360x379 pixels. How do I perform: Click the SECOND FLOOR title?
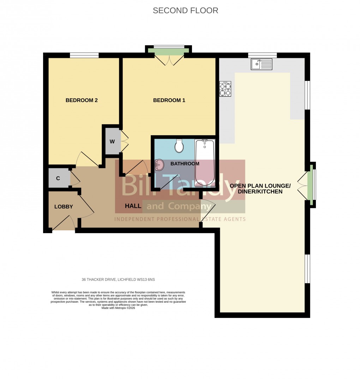point(185,11)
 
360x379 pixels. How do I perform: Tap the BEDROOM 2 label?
point(82,100)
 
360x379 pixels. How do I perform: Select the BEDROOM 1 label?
point(169,100)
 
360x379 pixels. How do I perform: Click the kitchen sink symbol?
point(262,64)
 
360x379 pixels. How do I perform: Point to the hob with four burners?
point(225,89)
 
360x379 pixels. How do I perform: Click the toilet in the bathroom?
point(179,146)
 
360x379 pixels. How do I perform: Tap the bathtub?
point(205,162)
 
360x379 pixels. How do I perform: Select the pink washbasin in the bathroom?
point(160,164)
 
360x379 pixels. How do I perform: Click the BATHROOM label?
point(185,164)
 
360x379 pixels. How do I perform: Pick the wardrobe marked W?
point(112,142)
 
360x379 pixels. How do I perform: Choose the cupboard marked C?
point(58,178)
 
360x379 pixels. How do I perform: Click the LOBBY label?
point(64,207)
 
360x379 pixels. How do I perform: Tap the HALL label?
point(133,206)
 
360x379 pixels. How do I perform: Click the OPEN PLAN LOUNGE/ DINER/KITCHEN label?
point(260,189)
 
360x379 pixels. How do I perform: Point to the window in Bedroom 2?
point(84,55)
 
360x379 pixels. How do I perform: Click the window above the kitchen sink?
point(262,55)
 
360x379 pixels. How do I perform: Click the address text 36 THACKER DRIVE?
point(118,280)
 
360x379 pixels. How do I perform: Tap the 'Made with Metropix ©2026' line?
point(118,308)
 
